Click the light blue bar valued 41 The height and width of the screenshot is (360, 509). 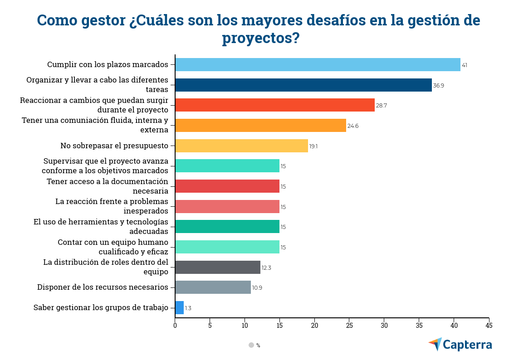(318, 65)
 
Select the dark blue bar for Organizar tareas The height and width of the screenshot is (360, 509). (303, 85)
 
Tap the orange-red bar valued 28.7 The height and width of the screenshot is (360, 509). (274, 105)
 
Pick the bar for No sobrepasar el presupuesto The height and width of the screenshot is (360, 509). (241, 146)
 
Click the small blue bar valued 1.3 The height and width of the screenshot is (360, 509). (179, 308)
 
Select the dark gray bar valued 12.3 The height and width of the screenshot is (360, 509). (218, 268)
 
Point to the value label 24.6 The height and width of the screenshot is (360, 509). (353, 126)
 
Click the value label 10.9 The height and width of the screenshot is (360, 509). (257, 288)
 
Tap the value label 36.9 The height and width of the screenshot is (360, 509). (438, 86)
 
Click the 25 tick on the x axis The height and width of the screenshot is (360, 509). (349, 325)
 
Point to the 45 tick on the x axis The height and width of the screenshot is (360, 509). (489, 325)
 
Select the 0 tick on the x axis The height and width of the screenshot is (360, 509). (175, 325)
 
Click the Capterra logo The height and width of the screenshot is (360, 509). (460, 345)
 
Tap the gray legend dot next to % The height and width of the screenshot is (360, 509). (251, 345)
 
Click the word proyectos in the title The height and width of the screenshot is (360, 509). (254, 38)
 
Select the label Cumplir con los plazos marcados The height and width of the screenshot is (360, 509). (108, 64)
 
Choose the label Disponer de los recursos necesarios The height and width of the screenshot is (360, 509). (103, 287)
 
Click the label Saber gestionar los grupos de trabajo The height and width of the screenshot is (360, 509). (101, 307)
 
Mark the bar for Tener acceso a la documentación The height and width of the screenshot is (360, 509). (227, 186)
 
